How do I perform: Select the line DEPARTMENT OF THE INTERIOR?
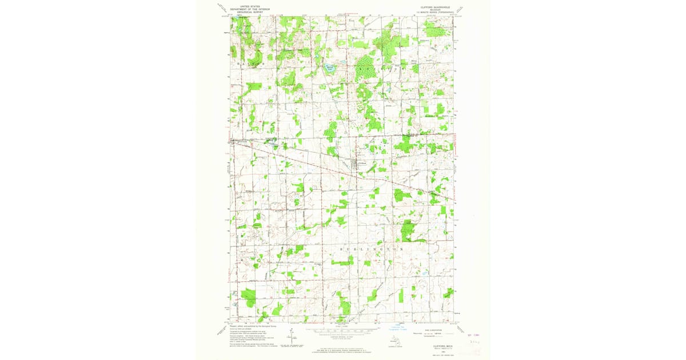pos(249,9)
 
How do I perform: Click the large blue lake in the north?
pos(329,69)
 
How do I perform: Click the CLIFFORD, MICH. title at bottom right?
pos(434,345)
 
